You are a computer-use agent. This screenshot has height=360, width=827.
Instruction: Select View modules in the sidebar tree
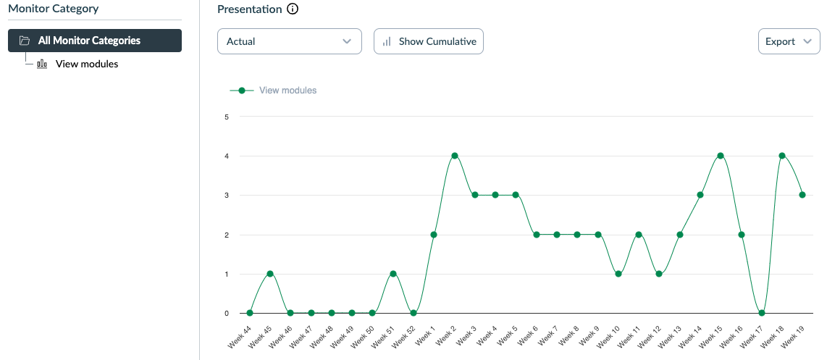click(x=86, y=64)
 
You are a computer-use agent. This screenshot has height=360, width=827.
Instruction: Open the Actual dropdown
click(x=289, y=41)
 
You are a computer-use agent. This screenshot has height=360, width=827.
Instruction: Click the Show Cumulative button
click(x=428, y=41)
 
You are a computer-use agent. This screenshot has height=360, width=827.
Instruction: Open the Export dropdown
click(x=788, y=41)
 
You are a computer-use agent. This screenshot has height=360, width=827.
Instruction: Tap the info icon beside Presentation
click(x=293, y=9)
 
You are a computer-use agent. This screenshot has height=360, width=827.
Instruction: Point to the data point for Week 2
click(x=455, y=156)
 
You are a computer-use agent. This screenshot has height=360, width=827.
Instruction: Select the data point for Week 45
click(x=270, y=274)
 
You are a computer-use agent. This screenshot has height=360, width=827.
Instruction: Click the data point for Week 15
click(x=721, y=156)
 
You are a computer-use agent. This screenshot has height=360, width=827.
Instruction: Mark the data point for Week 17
click(x=762, y=313)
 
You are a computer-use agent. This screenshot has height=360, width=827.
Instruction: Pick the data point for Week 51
click(x=393, y=274)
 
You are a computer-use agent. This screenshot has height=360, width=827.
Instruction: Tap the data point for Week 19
click(x=802, y=195)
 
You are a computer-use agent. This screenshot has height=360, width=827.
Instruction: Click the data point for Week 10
click(x=618, y=274)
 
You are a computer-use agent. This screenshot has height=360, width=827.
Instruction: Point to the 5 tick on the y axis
click(x=227, y=117)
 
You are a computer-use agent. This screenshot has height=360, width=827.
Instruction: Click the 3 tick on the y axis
click(x=227, y=196)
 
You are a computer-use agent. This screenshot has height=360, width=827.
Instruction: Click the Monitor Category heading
click(x=53, y=9)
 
